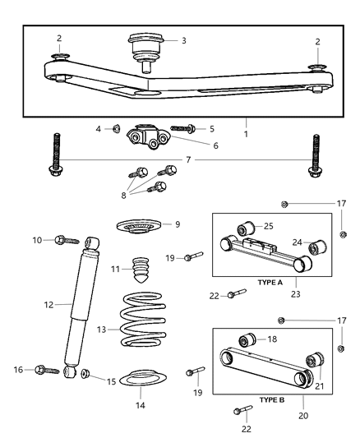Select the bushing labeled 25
click(244, 227)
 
